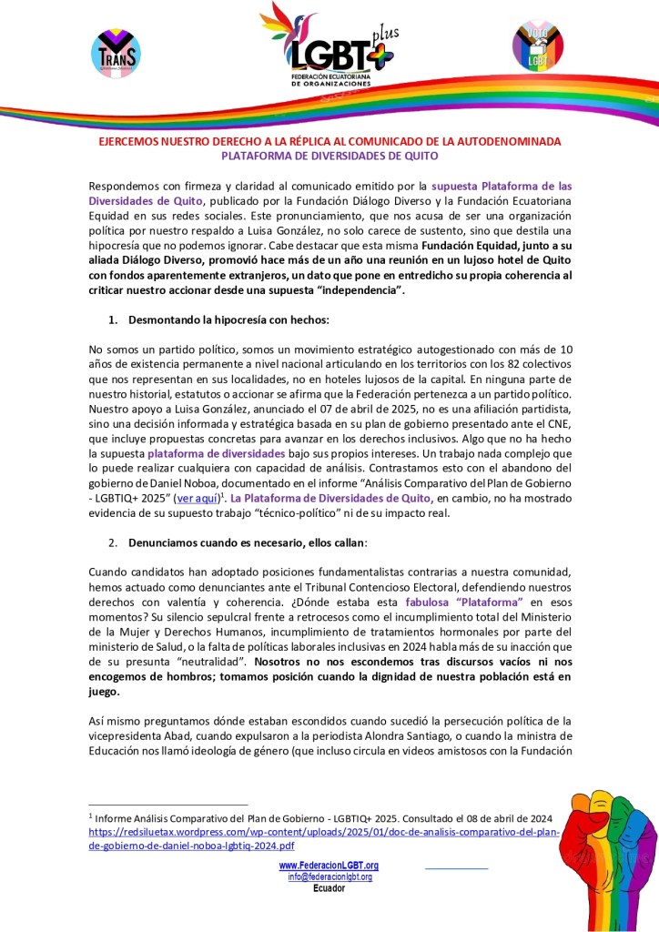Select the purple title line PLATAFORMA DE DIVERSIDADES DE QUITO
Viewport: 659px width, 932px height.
(329, 156)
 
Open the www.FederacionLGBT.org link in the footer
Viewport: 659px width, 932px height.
(329, 865)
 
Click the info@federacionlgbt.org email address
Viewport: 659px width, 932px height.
(329, 876)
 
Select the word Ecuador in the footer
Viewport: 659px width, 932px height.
(329, 888)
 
